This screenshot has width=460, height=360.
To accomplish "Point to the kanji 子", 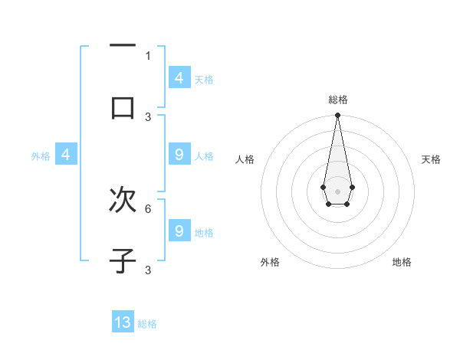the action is click(x=123, y=260).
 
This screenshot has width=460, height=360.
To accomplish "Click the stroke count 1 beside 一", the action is click(x=148, y=55).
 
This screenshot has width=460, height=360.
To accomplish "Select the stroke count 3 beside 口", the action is click(x=148, y=116).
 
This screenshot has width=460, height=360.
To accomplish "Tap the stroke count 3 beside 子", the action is click(x=148, y=270).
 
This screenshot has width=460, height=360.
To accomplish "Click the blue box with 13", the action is click(x=123, y=322).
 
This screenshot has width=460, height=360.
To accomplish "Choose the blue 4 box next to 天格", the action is click(x=179, y=78).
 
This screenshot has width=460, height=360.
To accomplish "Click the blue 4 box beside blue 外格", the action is click(x=66, y=155).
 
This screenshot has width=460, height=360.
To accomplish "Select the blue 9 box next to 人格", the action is click(x=179, y=155).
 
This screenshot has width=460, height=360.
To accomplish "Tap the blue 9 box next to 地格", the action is click(x=179, y=231).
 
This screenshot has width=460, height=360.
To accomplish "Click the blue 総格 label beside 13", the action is click(x=148, y=324).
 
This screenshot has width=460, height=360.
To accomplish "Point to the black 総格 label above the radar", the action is click(x=338, y=100).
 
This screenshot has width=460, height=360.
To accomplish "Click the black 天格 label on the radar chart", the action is click(x=432, y=159).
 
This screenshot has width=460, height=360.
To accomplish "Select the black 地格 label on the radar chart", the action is click(x=402, y=262).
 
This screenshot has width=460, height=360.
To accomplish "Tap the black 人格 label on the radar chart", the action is click(x=245, y=159).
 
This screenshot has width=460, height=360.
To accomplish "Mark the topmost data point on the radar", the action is click(x=337, y=115).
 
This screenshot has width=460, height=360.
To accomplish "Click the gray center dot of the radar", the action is click(x=337, y=191).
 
